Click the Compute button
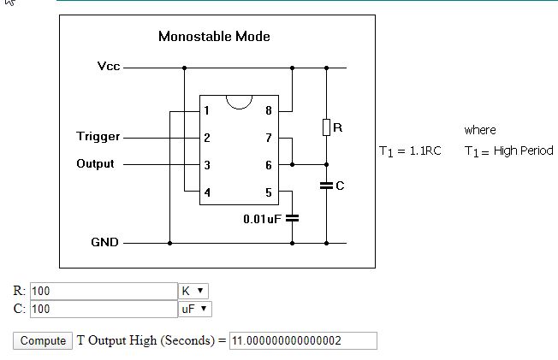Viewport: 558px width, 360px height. pos(43,341)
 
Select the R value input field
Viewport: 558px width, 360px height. pos(104,291)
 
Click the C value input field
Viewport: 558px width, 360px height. pos(104,309)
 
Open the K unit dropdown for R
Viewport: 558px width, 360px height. pos(193,291)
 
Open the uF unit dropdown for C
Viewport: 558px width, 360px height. pos(195,309)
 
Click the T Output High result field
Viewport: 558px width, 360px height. pos(303,341)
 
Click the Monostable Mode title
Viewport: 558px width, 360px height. pos(214,36)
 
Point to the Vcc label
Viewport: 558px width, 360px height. pos(109,66)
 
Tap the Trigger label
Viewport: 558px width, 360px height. pos(98,137)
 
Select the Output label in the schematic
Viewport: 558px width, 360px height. pos(95,163)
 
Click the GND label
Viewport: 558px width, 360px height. pos(104,242)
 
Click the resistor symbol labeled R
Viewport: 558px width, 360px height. pos(326,127)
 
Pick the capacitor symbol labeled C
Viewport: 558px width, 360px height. pos(326,186)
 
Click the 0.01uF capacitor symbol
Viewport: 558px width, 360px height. pos(292,218)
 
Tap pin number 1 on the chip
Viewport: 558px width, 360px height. pos(206,110)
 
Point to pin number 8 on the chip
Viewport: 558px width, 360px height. pos(269,110)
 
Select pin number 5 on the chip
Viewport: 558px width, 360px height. pos(269,192)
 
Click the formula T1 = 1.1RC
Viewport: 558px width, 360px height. pos(410,151)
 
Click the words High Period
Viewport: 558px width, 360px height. pos(524,150)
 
